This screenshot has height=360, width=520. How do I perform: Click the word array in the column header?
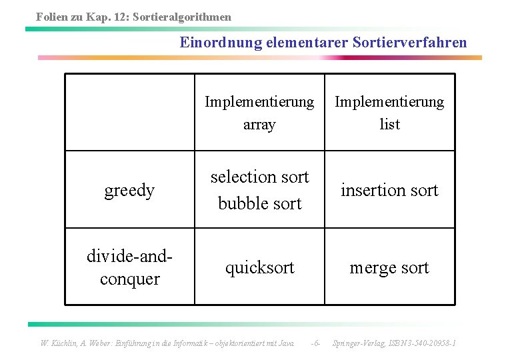(259, 124)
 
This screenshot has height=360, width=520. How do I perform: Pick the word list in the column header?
(389, 124)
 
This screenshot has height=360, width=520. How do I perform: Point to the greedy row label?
(129, 191)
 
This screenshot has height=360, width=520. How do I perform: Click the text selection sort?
(259, 177)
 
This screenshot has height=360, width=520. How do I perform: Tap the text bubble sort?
(259, 203)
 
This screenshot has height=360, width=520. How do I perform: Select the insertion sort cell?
(389, 191)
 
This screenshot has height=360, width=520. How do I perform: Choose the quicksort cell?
(259, 268)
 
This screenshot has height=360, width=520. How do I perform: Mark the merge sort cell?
(389, 268)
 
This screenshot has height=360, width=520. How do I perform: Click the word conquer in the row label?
(129, 279)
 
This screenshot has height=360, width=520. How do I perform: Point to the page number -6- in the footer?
(316, 343)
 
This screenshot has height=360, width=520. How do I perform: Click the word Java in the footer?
(285, 343)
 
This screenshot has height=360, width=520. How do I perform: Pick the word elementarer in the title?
(304, 43)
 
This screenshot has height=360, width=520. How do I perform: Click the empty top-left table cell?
(129, 112)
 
